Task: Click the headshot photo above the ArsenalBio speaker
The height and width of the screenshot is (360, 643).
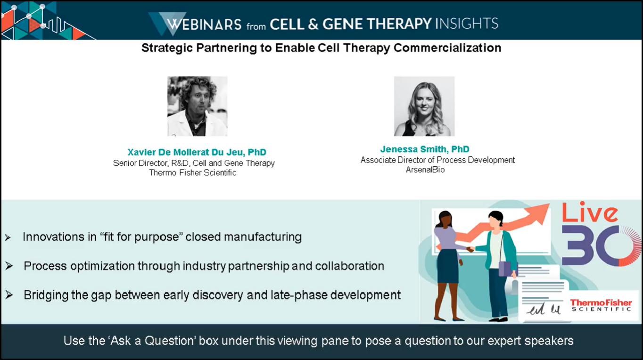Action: click(424, 106)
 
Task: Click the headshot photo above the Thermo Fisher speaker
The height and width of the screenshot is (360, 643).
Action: click(197, 106)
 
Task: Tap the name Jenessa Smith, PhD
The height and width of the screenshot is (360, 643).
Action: click(424, 149)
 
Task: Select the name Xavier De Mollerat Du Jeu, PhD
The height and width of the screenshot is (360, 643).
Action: click(197, 152)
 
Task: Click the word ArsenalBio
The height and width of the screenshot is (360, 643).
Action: click(425, 170)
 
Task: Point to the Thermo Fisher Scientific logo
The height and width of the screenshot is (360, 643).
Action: click(601, 305)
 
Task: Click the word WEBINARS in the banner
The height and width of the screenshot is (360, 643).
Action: click(204, 24)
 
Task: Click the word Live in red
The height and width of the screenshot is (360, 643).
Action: click(589, 213)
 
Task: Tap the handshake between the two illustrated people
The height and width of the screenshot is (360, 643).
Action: click(470, 249)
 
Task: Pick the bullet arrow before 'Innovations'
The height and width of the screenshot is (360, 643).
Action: click(8, 237)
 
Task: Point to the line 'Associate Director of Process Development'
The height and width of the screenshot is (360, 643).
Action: click(437, 160)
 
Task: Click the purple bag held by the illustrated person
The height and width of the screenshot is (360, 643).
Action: click(504, 269)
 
